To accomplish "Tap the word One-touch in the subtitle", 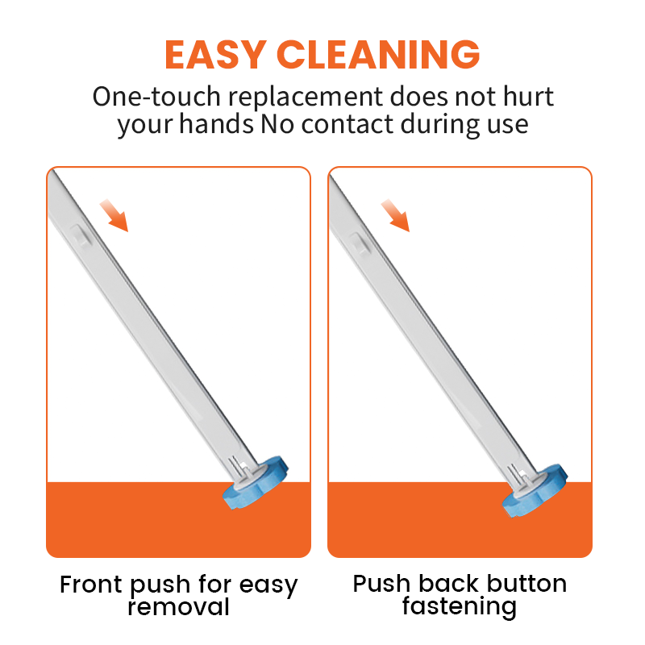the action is click(x=156, y=97).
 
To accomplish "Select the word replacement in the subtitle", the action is click(x=306, y=98).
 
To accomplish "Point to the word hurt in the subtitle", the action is click(x=529, y=97).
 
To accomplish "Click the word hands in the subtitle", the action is click(x=216, y=124).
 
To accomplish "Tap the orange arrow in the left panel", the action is click(x=114, y=215).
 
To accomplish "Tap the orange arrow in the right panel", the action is click(x=395, y=215).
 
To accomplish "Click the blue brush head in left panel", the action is click(x=256, y=483).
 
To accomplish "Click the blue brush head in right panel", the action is click(x=535, y=490).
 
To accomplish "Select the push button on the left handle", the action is click(x=81, y=235).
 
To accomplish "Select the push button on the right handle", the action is click(x=360, y=243).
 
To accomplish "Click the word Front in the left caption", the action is click(x=91, y=585).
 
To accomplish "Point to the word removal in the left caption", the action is click(x=178, y=607).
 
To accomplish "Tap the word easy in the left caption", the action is click(x=268, y=586).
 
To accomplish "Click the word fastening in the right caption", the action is click(x=459, y=607).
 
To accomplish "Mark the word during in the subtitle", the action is click(x=440, y=124).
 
